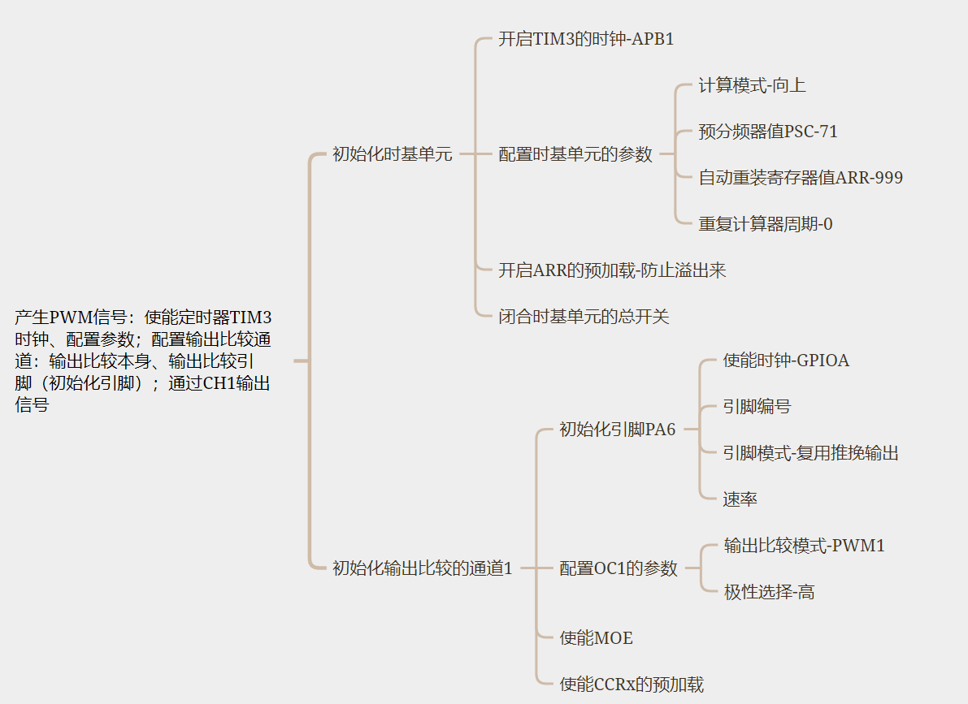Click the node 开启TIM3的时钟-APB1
click(586, 39)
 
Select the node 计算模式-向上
click(752, 85)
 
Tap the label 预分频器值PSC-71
click(768, 132)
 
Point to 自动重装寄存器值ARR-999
click(801, 178)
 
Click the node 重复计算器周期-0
click(766, 224)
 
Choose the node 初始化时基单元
click(392, 154)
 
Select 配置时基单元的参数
click(575, 154)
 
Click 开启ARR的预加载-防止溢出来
click(612, 270)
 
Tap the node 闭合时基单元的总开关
click(584, 317)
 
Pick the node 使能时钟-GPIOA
click(786, 361)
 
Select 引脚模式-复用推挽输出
click(811, 453)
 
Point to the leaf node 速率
click(740, 499)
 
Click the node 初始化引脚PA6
click(618, 430)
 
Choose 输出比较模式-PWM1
click(805, 546)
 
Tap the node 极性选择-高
click(769, 592)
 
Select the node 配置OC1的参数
click(619, 568)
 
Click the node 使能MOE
click(597, 638)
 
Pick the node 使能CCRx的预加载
click(632, 685)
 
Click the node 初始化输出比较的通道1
click(423, 568)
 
